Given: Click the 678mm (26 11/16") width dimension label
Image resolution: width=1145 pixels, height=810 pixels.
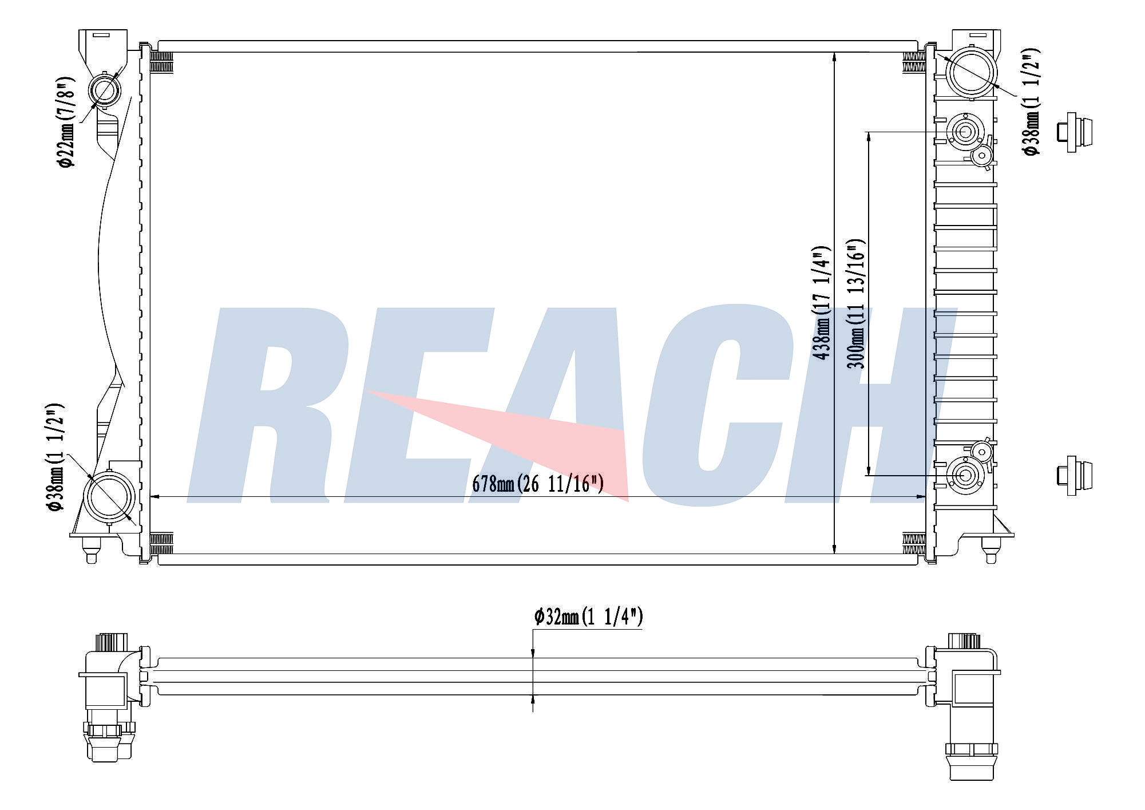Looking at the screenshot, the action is click(x=538, y=484).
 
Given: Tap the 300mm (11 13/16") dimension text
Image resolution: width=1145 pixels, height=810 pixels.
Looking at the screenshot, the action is click(x=856, y=304).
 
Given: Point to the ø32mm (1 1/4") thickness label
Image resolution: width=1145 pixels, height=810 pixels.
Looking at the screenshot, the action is click(x=589, y=617).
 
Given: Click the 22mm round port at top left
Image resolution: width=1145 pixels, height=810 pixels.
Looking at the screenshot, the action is click(x=105, y=90).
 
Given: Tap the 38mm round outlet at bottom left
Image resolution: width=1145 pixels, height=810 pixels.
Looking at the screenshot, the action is click(x=109, y=496).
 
